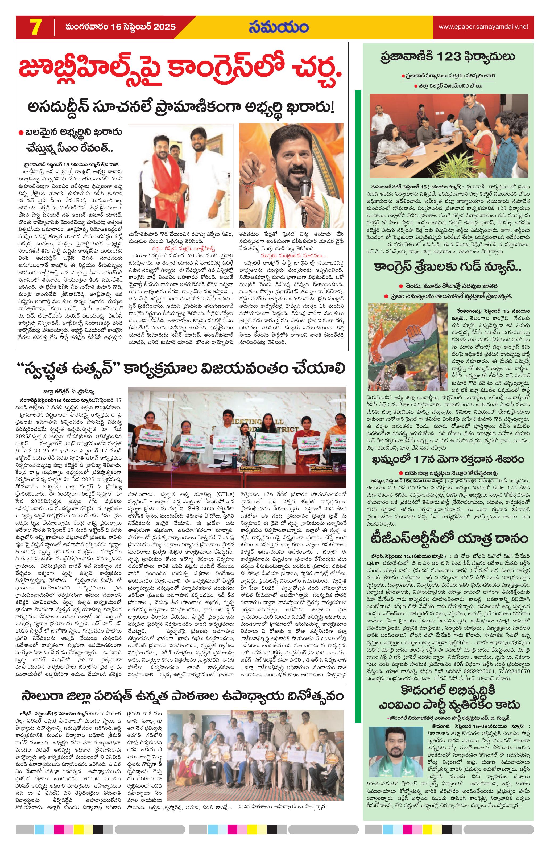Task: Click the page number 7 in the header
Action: pyautogui.click(x=36, y=27)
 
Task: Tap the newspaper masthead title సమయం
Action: pyautogui.click(x=278, y=27)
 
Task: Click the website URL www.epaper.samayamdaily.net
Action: pyautogui.click(x=483, y=27)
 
